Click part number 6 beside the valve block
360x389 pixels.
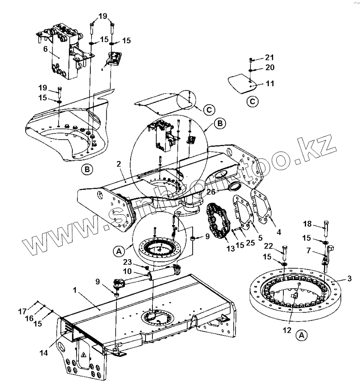[45, 49]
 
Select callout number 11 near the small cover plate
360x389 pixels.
[270, 83]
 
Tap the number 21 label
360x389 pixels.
[269, 57]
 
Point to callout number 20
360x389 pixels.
[269, 67]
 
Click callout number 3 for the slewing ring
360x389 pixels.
[349, 279]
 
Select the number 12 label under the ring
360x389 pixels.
[286, 330]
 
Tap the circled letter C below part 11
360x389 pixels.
[253, 102]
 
